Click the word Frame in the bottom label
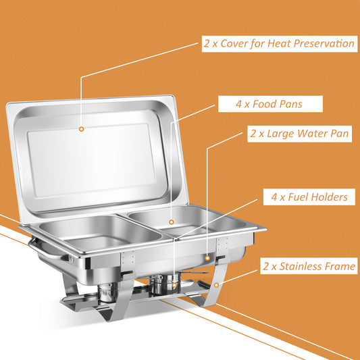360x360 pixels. [340, 267]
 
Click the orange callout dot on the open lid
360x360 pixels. [82, 128]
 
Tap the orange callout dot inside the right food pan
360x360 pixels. [172, 221]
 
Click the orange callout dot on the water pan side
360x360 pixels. [207, 257]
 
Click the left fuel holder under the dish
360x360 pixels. [106, 292]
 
